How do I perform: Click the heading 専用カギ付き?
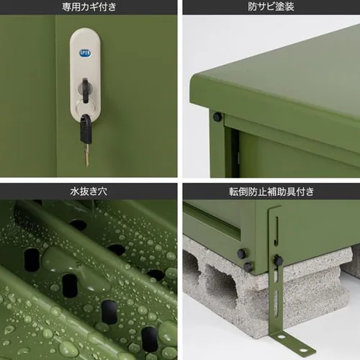click(89, 7)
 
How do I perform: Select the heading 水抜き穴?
click(89, 192)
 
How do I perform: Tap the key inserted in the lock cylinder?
click(86, 89)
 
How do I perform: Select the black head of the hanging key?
click(86, 130)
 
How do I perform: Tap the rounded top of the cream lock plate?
click(85, 33)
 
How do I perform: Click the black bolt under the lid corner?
click(217, 117)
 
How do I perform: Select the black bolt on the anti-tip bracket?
click(278, 261)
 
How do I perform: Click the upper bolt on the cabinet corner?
click(242, 253)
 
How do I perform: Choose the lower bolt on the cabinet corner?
click(248, 267)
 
